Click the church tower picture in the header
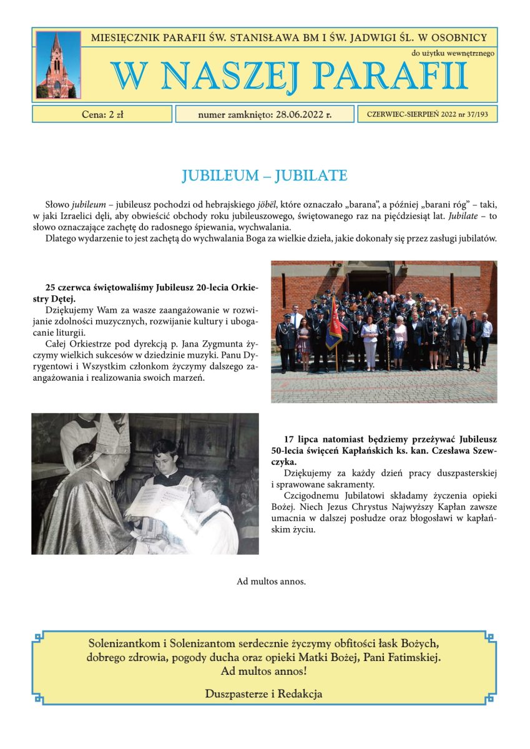58,64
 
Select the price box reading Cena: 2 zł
102,114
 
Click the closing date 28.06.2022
298,114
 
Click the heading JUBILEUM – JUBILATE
265,175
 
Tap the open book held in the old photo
157,500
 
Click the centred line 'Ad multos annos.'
271,581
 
